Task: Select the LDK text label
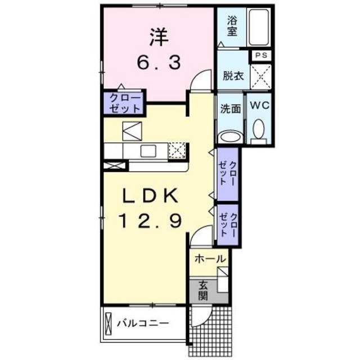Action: (x=150, y=197)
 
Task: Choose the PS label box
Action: (x=260, y=55)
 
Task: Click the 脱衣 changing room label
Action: (x=232, y=74)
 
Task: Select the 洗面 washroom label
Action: (x=231, y=109)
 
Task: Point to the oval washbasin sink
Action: (x=229, y=137)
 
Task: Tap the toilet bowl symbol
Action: (x=259, y=130)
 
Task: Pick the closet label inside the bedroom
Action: (x=123, y=102)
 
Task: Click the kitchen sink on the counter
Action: (x=148, y=150)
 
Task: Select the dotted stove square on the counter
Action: (x=177, y=150)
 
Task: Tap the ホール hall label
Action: (x=210, y=259)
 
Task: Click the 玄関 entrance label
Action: (x=202, y=291)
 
